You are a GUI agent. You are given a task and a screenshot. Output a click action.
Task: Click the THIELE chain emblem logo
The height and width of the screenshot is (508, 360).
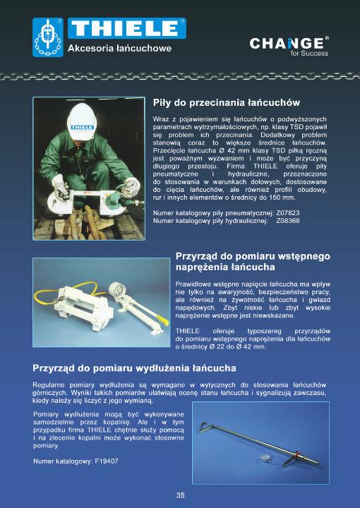click(x=48, y=37)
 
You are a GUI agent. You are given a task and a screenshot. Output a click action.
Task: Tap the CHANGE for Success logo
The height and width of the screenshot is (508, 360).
click(x=289, y=47)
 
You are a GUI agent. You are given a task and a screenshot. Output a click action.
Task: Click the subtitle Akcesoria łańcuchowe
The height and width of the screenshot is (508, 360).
click(x=119, y=48)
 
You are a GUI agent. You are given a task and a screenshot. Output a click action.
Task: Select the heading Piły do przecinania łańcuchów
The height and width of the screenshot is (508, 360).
click(x=227, y=103)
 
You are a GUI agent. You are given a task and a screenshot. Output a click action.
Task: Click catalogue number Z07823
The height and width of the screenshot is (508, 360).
click(x=288, y=213)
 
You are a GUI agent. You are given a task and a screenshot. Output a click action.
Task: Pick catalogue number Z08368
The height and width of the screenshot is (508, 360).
click(x=288, y=221)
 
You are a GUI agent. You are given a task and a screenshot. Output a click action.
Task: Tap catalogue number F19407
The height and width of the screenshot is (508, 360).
click(x=107, y=461)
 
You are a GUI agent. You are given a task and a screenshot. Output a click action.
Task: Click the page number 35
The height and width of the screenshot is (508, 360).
click(x=181, y=495)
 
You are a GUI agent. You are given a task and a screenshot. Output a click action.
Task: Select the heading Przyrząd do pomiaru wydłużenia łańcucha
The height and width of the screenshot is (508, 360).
click(x=135, y=368)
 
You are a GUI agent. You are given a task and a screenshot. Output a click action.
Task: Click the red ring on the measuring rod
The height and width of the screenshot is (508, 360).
click(x=296, y=454)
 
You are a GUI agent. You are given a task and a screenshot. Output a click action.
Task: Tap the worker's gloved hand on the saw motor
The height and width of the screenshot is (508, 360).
click(x=131, y=186)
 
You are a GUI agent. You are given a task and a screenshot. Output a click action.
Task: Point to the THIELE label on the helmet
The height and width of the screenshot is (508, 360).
click(x=82, y=127)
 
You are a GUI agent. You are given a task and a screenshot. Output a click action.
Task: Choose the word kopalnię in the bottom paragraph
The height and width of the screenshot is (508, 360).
click(x=117, y=423)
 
